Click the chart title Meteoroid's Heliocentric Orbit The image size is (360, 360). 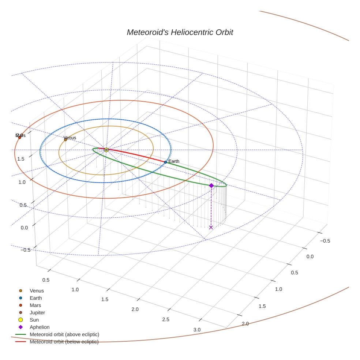pyautogui.click(x=180, y=32)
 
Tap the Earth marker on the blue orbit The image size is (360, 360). pyautogui.click(x=165, y=162)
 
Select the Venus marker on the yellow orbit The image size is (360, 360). pyautogui.click(x=65, y=140)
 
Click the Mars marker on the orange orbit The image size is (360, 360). pyautogui.click(x=20, y=138)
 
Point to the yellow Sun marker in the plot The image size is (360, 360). pyautogui.click(x=106, y=150)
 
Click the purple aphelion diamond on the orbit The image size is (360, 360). pyautogui.click(x=211, y=185)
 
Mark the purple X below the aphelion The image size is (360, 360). pyautogui.click(x=211, y=228)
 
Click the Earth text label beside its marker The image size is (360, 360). pyautogui.click(x=174, y=161)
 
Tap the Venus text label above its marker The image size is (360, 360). pyautogui.click(x=70, y=138)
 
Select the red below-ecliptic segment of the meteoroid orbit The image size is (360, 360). pyautogui.click(x=135, y=155)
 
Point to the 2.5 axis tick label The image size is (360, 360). pyautogui.click(x=166, y=319)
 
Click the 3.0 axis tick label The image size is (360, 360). pyautogui.click(x=197, y=330)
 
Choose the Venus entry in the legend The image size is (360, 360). pyautogui.click(x=37, y=290)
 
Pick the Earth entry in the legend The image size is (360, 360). pyautogui.click(x=36, y=298)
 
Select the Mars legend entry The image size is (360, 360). pyautogui.click(x=35, y=305)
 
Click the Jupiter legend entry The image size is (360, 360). pyautogui.click(x=37, y=312)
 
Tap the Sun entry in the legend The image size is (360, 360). pyautogui.click(x=34, y=320)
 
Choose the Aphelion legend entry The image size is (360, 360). pyautogui.click(x=40, y=327)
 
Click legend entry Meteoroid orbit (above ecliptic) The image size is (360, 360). pyautogui.click(x=64, y=334)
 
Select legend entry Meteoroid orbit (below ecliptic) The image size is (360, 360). pyautogui.click(x=64, y=342)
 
